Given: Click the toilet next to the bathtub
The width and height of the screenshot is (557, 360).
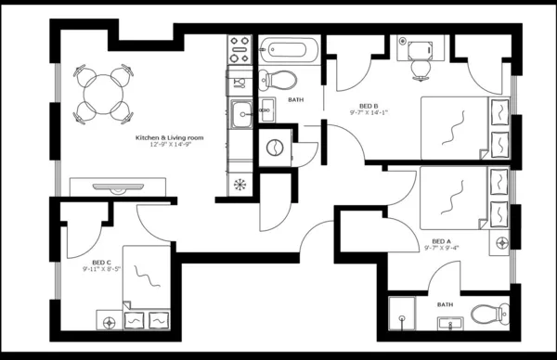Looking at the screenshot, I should pos(279,78).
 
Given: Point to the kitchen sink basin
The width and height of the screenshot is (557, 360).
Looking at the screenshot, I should pos(241,113).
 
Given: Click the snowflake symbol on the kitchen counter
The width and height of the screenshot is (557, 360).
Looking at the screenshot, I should pos(240,183).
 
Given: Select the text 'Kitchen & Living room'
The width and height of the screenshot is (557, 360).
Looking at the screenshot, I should pos(170,138).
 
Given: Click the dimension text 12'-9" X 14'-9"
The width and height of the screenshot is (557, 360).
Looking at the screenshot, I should pos(170,146).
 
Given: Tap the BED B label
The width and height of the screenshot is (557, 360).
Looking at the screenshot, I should pos(369,105).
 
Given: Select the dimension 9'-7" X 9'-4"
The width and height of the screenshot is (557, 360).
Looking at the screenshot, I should pos(441,247).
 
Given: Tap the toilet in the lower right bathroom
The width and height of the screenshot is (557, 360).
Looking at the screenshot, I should pos(486,314).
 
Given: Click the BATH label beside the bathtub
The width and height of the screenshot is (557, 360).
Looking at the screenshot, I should pos(295,99).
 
